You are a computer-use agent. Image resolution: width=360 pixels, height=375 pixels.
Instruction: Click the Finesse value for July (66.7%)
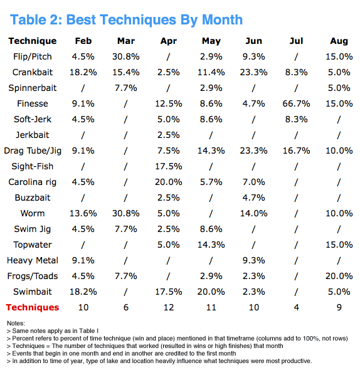click(x=296, y=103)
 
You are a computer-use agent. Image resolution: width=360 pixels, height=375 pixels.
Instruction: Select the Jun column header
click(x=253, y=41)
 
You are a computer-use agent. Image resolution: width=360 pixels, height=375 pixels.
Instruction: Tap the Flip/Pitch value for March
click(x=126, y=56)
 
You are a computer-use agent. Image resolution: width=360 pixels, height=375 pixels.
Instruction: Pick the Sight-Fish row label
click(x=33, y=166)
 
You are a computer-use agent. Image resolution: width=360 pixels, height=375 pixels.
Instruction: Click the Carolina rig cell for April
click(x=169, y=182)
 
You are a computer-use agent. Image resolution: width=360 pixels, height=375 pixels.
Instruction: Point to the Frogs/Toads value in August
click(x=339, y=276)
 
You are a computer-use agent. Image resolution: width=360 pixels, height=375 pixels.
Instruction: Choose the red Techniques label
click(x=33, y=307)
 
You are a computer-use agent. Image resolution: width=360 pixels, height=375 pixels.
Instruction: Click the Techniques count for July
click(x=297, y=307)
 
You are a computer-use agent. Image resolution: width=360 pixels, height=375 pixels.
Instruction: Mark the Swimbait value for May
click(x=211, y=292)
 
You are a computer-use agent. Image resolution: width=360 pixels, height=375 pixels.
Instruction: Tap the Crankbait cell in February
click(x=83, y=72)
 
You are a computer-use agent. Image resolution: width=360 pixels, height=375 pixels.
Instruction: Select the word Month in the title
click(x=222, y=19)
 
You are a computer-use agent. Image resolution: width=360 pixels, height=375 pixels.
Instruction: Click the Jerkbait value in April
click(x=169, y=135)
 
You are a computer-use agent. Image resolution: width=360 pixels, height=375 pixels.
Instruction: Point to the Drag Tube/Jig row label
click(x=33, y=151)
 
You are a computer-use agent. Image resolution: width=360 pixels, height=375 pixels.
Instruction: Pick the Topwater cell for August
click(x=339, y=245)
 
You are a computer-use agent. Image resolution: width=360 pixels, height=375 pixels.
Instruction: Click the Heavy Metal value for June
click(x=253, y=260)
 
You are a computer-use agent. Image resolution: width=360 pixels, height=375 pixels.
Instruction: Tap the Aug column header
click(x=339, y=41)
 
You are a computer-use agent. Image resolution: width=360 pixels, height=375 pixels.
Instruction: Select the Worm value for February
click(x=83, y=213)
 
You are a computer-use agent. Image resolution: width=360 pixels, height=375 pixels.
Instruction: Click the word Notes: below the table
click(x=16, y=324)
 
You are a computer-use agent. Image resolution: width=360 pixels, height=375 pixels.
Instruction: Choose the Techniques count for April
click(x=169, y=307)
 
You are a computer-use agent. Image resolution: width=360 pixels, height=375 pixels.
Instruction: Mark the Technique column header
click(x=33, y=41)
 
